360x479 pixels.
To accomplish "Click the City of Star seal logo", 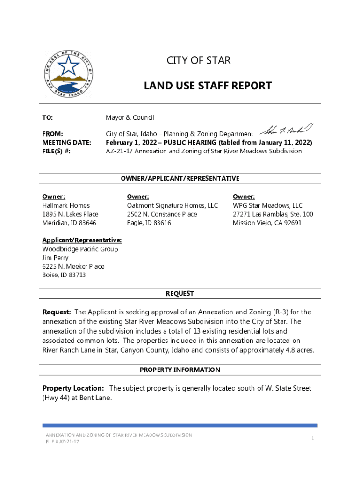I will [x=69, y=73].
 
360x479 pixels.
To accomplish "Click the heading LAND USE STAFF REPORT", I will [x=208, y=86].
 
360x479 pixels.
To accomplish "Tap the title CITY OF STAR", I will [x=199, y=60].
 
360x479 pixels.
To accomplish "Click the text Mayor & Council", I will [x=130, y=117].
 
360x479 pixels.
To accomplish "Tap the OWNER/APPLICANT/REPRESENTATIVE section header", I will [x=180, y=179].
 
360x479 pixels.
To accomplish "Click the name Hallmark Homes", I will [x=66, y=205].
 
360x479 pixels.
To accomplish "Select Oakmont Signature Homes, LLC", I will [x=172, y=205].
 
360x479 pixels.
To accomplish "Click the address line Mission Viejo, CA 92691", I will [x=267, y=223].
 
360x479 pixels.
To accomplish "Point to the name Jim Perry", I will [x=55, y=258].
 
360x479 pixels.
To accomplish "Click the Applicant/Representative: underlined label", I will [x=82, y=240].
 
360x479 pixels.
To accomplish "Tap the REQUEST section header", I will [x=180, y=294].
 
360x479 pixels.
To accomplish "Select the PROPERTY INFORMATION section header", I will [x=180, y=370].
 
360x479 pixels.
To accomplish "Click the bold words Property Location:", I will [x=73, y=388].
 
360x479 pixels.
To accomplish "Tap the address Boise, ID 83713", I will [x=64, y=275].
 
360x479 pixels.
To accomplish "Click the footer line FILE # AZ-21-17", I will [x=62, y=442].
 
